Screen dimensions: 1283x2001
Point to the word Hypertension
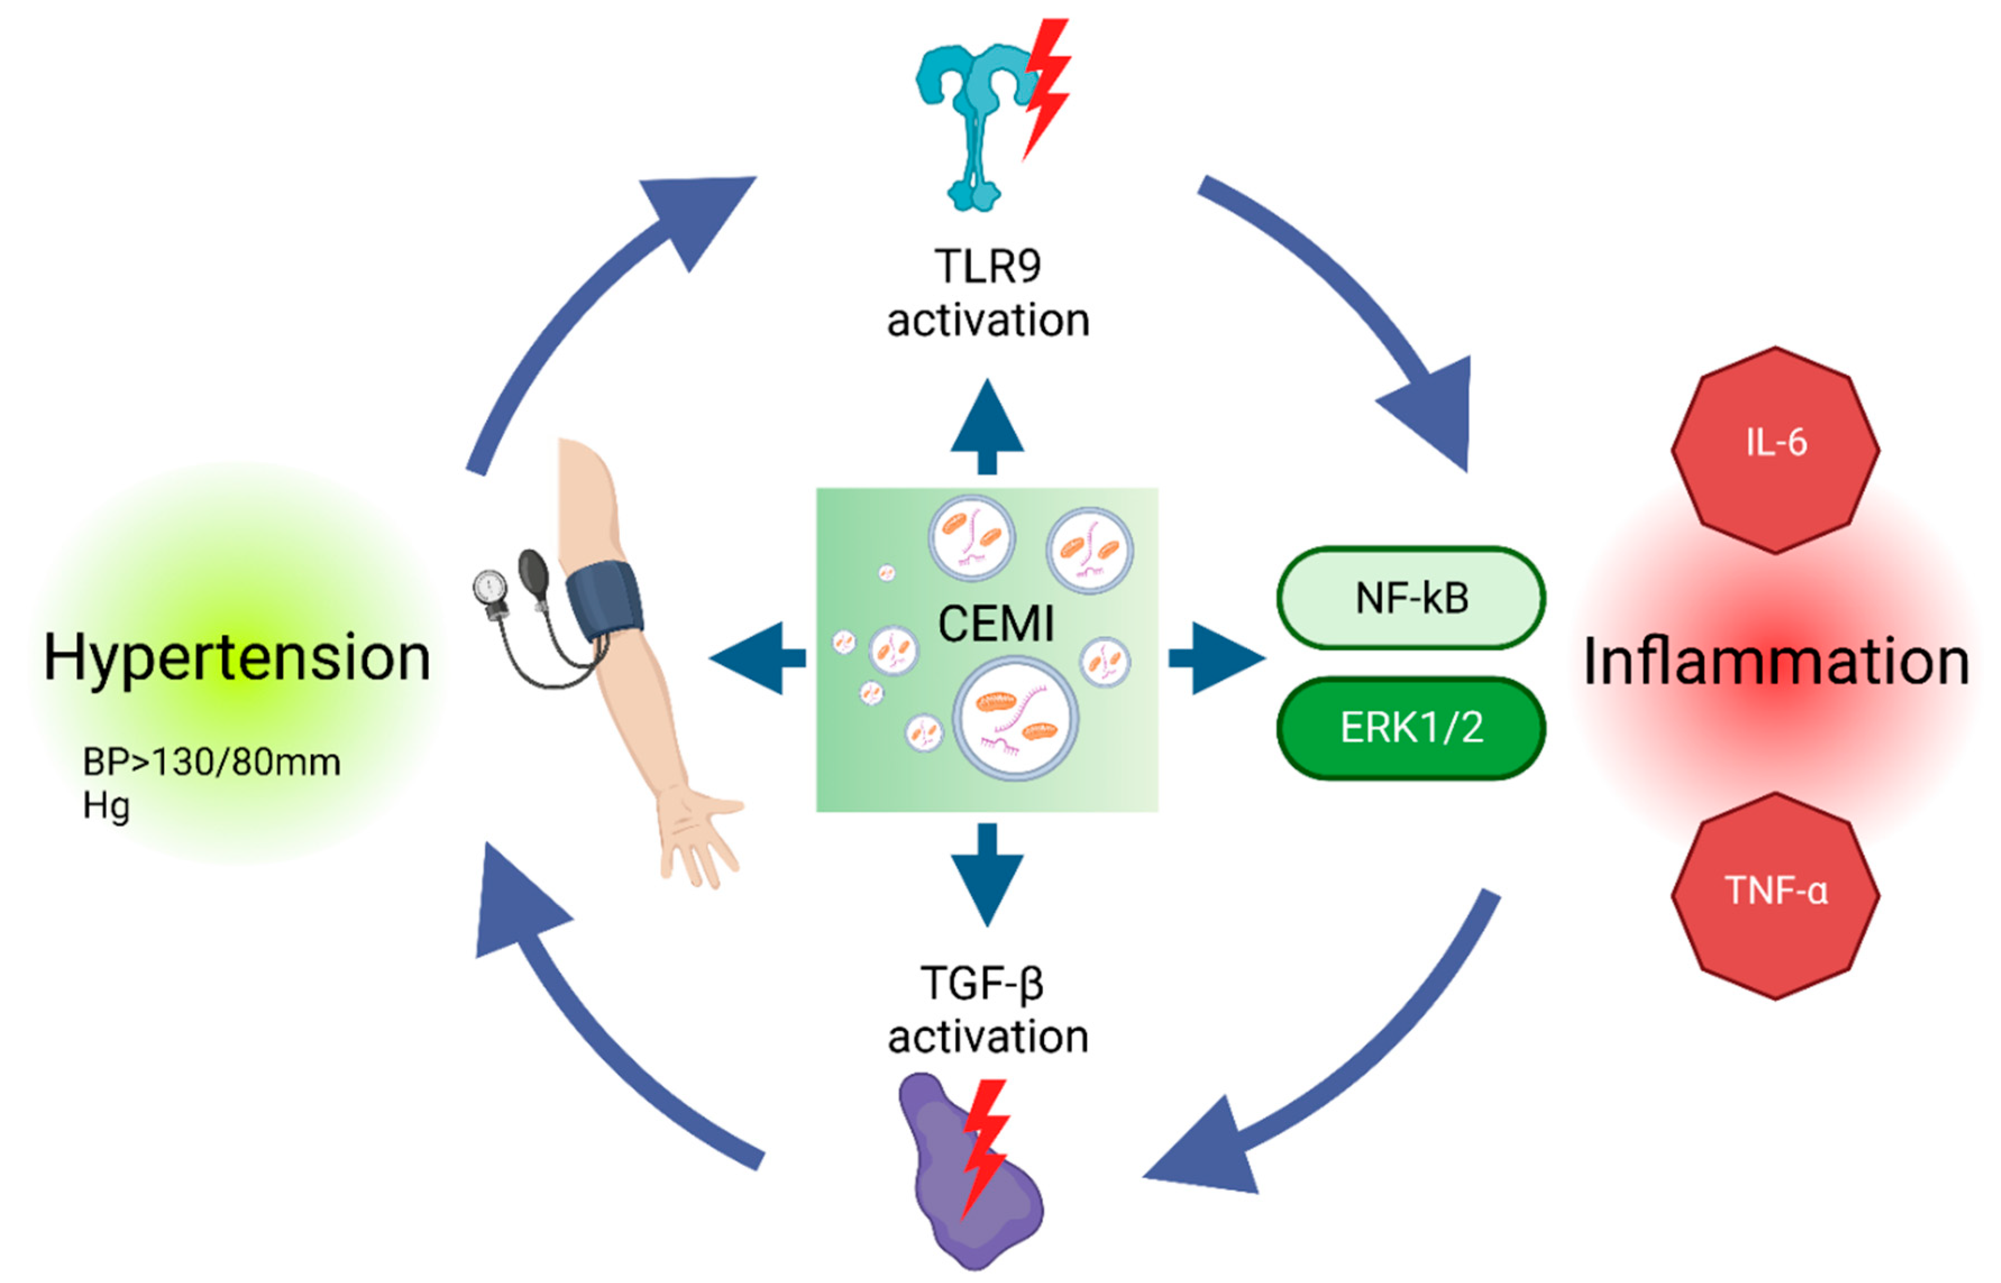[237, 658]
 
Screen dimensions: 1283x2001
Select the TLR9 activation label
[987, 293]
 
